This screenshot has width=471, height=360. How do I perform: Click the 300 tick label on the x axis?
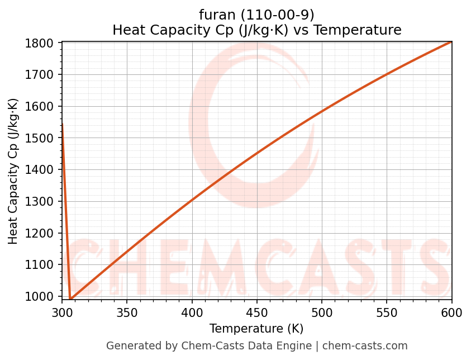click(x=62, y=311)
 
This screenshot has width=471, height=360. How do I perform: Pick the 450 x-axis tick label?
click(x=256, y=311)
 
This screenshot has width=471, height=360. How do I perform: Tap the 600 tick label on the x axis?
click(x=451, y=311)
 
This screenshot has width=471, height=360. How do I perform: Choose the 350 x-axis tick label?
click(x=127, y=311)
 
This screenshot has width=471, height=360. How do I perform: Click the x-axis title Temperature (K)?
click(x=256, y=329)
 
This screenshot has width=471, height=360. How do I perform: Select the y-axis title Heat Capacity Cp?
click(x=13, y=171)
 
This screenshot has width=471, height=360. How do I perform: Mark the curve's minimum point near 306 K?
click(x=70, y=299)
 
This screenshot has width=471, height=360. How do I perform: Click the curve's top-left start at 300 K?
click(x=62, y=124)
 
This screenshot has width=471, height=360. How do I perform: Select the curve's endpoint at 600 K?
click(x=451, y=41)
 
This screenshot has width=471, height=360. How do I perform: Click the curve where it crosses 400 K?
click(x=192, y=200)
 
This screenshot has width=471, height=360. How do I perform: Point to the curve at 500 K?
click(x=322, y=112)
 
